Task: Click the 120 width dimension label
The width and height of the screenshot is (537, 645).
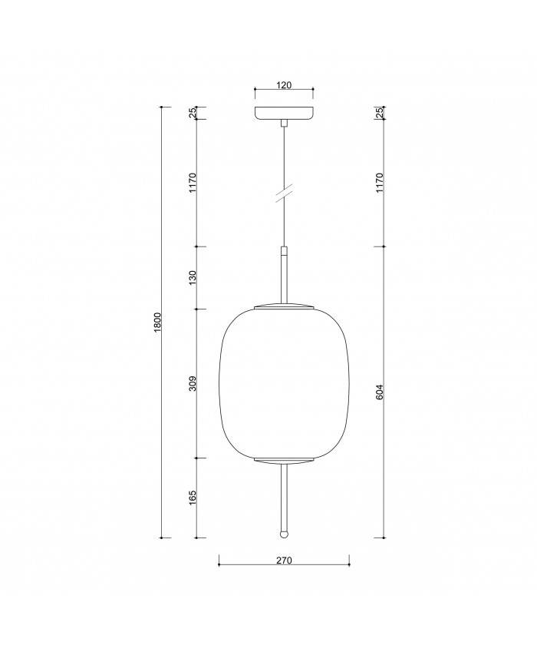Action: click(x=284, y=85)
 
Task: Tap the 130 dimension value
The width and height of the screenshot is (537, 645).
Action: click(x=193, y=277)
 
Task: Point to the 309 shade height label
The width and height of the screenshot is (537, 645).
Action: click(x=193, y=383)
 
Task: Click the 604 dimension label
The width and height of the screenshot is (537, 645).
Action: click(x=380, y=391)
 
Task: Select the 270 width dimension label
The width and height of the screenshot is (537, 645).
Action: click(x=284, y=561)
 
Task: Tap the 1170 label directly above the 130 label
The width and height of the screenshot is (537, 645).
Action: click(x=193, y=184)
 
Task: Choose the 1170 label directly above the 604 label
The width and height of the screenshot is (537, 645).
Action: click(x=380, y=184)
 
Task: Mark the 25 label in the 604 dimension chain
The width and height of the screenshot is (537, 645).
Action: click(x=380, y=112)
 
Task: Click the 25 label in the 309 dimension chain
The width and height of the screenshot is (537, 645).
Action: click(x=193, y=112)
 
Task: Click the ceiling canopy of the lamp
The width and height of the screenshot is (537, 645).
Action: click(x=284, y=113)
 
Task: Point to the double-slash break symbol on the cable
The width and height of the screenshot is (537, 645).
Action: click(x=284, y=194)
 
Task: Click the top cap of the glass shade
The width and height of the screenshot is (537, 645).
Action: click(x=284, y=306)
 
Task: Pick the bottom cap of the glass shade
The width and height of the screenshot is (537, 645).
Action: click(x=284, y=461)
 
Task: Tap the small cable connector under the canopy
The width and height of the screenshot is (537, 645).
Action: click(x=284, y=123)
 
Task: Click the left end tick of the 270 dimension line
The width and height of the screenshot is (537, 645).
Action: click(x=219, y=565)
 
